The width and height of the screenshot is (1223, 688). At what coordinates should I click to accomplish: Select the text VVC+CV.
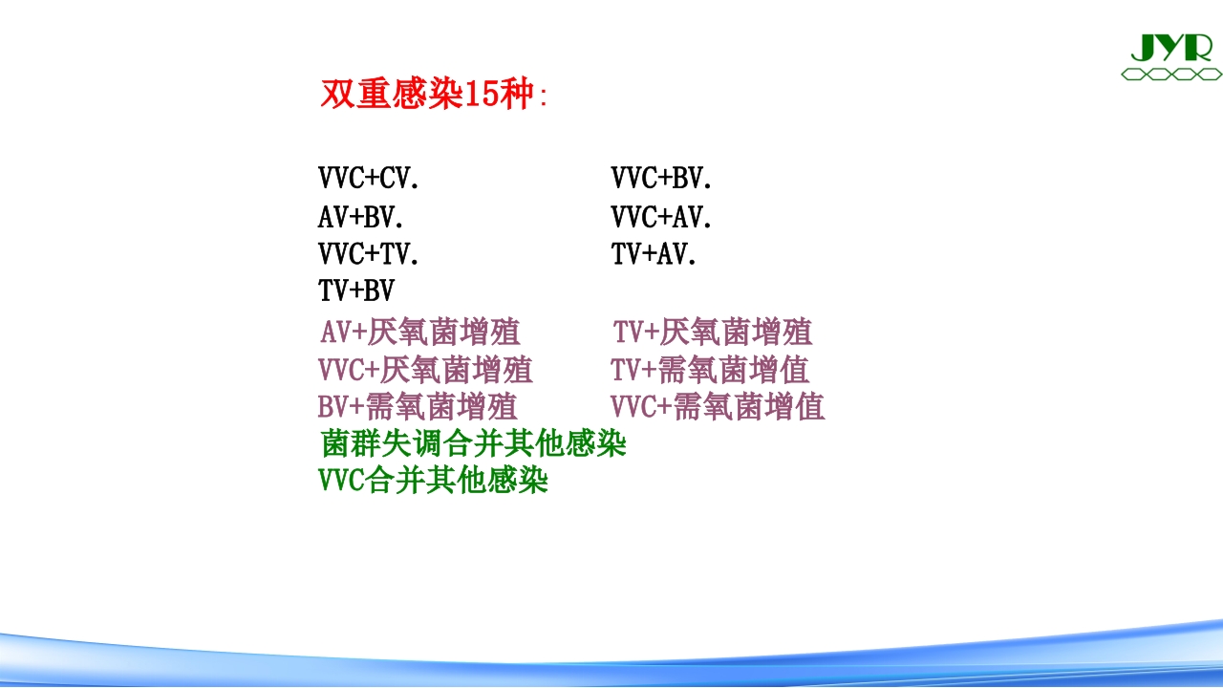pos(369,178)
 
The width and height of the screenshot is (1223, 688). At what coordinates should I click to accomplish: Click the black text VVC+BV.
pos(661,178)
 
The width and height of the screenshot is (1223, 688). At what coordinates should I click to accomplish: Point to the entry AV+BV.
pos(360,218)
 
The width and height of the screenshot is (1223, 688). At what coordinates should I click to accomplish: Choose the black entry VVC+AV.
pos(661,218)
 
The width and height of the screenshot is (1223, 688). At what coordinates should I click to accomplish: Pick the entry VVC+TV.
pos(369,254)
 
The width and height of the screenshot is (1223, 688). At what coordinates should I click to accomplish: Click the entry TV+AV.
pos(654,254)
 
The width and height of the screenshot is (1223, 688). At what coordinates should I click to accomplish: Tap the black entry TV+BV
pos(355,290)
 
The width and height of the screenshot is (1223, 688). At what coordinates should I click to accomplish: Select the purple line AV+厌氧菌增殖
pos(420,333)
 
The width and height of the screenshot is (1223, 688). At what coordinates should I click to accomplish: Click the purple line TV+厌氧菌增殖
pos(713,333)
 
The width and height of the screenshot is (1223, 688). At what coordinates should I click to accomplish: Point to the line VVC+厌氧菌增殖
pos(425,370)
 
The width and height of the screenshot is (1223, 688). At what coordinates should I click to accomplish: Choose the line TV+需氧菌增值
pos(710,370)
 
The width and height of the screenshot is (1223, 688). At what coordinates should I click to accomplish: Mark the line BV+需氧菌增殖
pos(418,407)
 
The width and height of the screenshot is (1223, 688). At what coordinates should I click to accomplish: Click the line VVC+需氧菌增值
pos(718,407)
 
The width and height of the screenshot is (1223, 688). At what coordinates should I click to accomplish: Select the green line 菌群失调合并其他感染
pos(474,444)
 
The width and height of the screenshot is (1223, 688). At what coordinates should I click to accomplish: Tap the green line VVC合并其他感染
pos(434,481)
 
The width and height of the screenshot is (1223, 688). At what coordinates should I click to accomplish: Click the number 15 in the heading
pos(481,95)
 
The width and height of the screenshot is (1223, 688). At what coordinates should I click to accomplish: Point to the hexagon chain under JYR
pos(1170,74)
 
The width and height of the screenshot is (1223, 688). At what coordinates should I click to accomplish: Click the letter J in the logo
pos(1143,47)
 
